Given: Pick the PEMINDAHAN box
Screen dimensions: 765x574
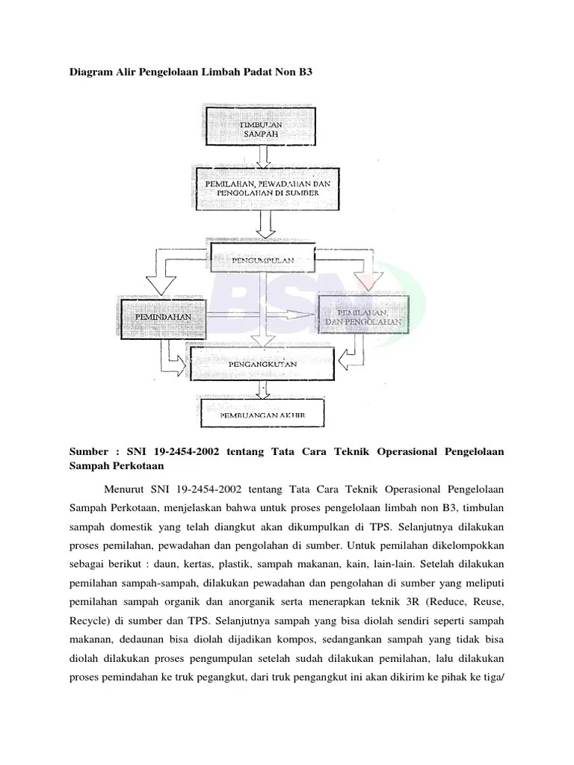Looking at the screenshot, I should click(x=163, y=317).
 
